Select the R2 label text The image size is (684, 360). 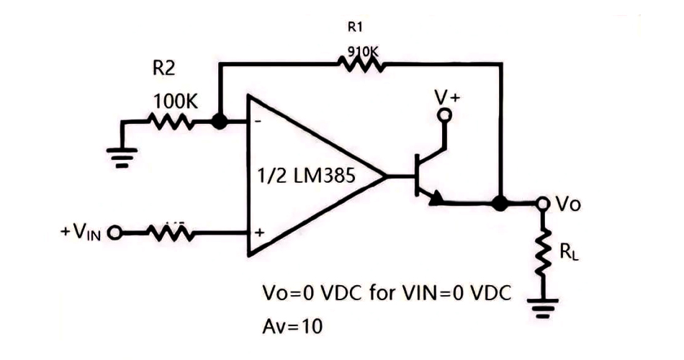point(163,69)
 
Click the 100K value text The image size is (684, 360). point(174,102)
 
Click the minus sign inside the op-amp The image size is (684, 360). point(256,123)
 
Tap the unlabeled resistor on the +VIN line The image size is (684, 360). point(170,232)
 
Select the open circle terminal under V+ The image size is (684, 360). point(446,115)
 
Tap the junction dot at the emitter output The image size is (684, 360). point(499,203)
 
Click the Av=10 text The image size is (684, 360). point(292,325)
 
